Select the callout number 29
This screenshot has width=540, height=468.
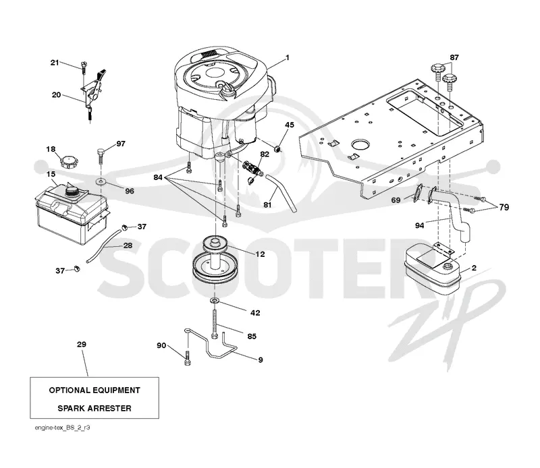(82, 345)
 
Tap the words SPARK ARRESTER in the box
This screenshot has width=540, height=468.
(94, 409)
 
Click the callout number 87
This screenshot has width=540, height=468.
(454, 57)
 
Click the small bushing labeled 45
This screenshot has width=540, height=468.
(278, 149)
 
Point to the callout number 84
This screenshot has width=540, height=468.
(158, 177)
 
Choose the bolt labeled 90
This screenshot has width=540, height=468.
(188, 357)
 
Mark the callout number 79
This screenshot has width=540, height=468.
(504, 207)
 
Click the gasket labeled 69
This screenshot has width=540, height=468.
(418, 193)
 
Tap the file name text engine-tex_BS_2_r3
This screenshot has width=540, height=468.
(62, 428)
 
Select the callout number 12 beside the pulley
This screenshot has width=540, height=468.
(260, 254)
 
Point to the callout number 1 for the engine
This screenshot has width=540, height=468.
(288, 57)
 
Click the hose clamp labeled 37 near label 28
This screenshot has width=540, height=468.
(125, 227)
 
